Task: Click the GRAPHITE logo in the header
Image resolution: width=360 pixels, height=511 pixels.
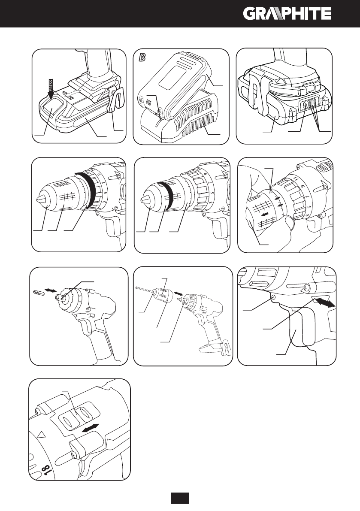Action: [287, 14]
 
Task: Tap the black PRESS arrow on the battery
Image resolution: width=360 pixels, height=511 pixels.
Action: [51, 90]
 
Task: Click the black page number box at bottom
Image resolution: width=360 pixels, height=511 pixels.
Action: [180, 498]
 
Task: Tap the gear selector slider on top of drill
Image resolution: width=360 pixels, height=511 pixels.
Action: [78, 412]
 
